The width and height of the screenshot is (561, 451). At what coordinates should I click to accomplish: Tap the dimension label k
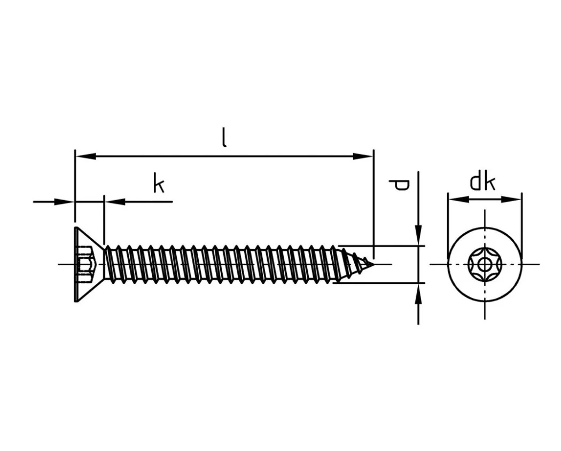159,183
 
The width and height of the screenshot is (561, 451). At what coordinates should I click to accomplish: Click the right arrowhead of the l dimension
363,156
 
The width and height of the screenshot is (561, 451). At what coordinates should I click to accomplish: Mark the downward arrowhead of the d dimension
418,235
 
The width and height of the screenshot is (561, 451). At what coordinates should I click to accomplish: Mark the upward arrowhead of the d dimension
418,294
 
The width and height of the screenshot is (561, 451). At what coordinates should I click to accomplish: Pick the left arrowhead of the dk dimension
458,199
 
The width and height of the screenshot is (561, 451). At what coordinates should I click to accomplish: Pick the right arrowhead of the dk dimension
511,199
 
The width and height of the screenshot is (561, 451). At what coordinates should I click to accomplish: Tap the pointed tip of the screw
374,264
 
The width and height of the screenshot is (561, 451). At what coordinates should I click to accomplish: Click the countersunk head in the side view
89,264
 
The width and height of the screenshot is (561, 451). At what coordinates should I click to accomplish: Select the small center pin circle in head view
485,265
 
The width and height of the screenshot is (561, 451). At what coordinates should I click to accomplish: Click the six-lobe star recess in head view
485,265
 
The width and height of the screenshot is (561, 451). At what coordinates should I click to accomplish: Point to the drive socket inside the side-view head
85,264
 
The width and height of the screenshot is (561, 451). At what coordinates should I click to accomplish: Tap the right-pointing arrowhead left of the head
64,202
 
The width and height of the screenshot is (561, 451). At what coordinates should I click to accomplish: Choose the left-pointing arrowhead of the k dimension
115,202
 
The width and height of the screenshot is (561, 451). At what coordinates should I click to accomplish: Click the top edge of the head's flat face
76,227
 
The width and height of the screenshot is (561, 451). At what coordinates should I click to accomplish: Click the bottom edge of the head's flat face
76,302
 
